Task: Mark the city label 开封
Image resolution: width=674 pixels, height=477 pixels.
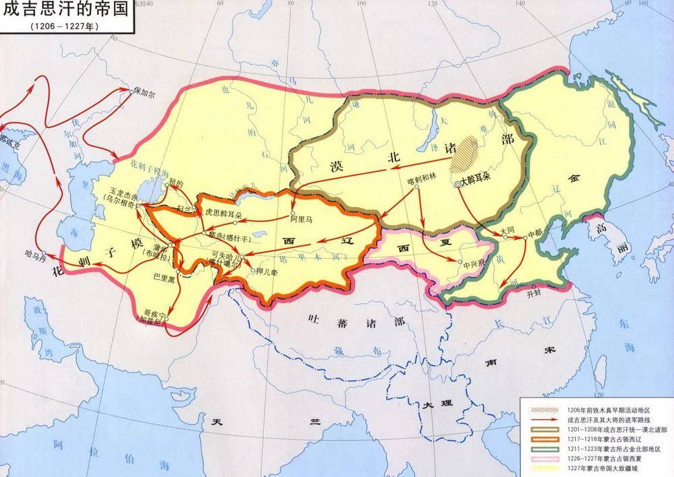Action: pos(534,294)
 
